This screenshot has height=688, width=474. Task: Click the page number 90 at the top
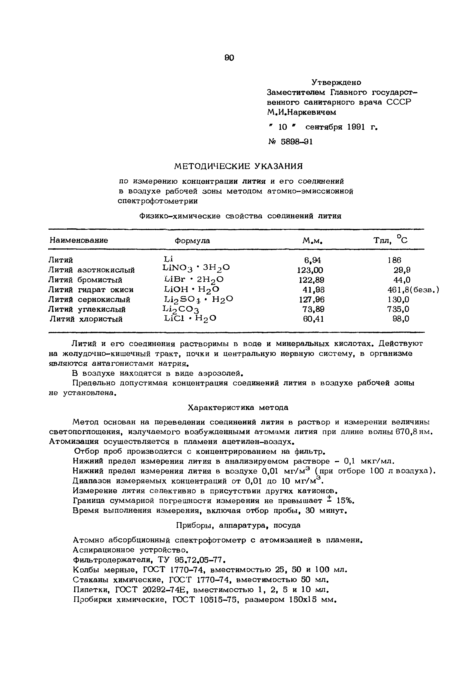229,57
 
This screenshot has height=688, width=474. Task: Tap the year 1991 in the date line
355,127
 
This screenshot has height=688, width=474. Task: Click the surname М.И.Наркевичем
302,112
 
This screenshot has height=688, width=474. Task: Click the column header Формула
192,240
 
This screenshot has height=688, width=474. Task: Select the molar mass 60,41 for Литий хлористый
313,319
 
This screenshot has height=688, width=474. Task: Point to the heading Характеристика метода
238,407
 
